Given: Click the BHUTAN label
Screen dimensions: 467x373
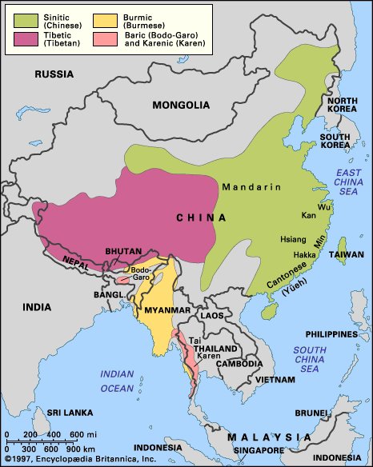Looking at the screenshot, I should [x=124, y=251].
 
